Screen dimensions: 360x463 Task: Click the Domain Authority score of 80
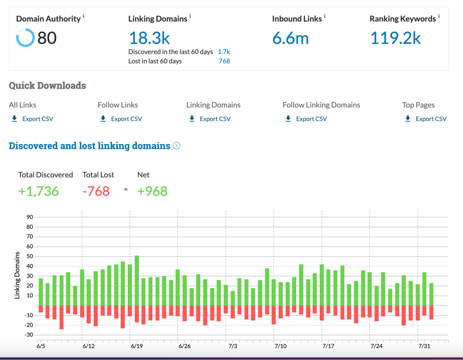(47, 38)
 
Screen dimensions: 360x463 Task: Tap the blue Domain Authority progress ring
(25, 38)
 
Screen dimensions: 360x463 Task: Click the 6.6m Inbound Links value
(291, 38)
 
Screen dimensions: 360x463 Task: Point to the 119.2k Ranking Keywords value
(395, 38)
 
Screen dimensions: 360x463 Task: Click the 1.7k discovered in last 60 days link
(223, 52)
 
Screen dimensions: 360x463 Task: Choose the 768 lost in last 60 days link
(224, 61)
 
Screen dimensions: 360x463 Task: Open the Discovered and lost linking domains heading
(90, 146)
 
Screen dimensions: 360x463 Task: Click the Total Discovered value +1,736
(39, 191)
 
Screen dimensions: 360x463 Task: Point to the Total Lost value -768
(96, 191)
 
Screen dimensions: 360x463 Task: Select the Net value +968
(152, 191)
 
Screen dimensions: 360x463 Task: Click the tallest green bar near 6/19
(137, 280)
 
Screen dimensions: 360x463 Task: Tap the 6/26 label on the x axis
(184, 346)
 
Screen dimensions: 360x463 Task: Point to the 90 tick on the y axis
(30, 217)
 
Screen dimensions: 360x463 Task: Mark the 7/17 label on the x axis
(328, 346)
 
